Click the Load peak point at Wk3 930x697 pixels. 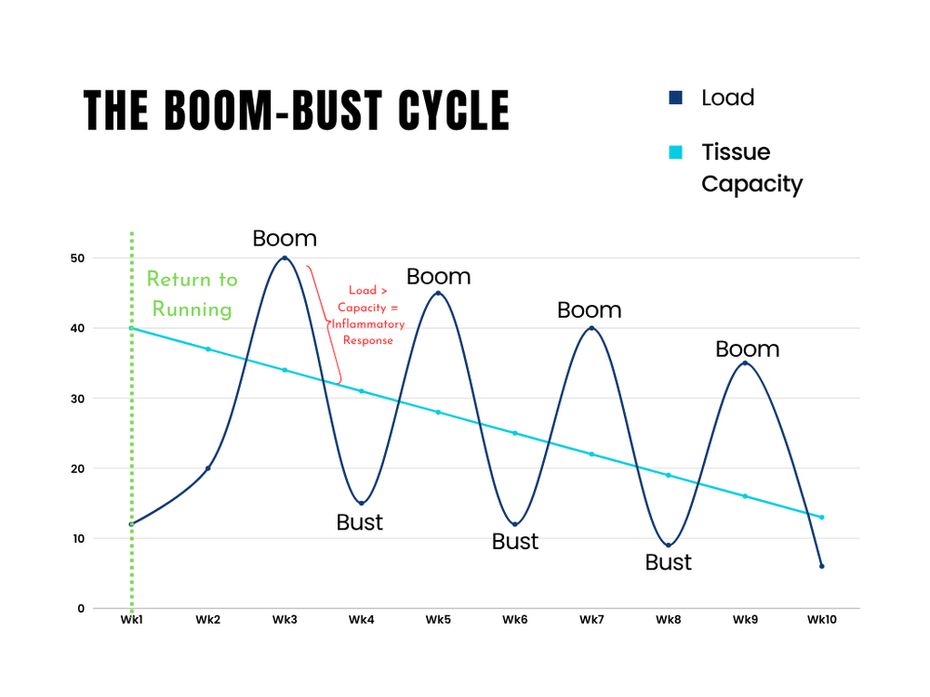tap(285, 257)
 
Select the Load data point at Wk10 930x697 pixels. tap(821, 566)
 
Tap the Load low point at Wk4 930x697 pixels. tap(361, 503)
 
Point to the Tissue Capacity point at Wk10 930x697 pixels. tap(821, 518)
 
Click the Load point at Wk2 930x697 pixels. tap(208, 468)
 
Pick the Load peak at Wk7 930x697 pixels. tap(591, 328)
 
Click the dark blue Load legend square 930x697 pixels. tap(675, 98)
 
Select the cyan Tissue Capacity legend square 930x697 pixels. tap(675, 152)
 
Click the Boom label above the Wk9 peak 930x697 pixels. tap(748, 349)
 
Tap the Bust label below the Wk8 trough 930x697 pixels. tap(669, 562)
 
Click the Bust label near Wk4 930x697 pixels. tap(359, 522)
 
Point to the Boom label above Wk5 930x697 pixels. tap(438, 276)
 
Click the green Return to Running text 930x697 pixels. tap(193, 294)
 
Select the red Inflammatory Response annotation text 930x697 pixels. tap(367, 315)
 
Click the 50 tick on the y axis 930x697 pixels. tap(77, 258)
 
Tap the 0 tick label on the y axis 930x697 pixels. tap(81, 608)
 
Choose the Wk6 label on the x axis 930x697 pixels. tap(515, 619)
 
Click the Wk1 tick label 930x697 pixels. tap(132, 619)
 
